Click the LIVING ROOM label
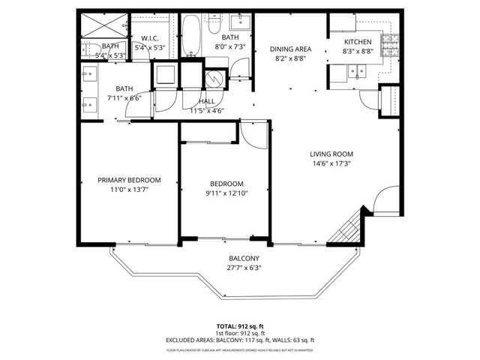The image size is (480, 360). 331,154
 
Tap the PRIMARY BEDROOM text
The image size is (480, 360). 130,180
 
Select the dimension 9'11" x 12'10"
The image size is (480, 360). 226,194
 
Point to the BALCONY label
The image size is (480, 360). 244,259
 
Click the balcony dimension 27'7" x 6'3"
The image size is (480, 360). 244,268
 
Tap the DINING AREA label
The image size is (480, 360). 290,49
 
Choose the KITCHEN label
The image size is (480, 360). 358,42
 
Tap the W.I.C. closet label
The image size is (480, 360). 149,38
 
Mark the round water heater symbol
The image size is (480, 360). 212,77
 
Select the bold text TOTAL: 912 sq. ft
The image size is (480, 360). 240,326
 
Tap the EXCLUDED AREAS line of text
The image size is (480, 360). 240,340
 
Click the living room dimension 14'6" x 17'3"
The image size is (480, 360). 331,163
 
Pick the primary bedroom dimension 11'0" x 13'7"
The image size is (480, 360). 130,190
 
